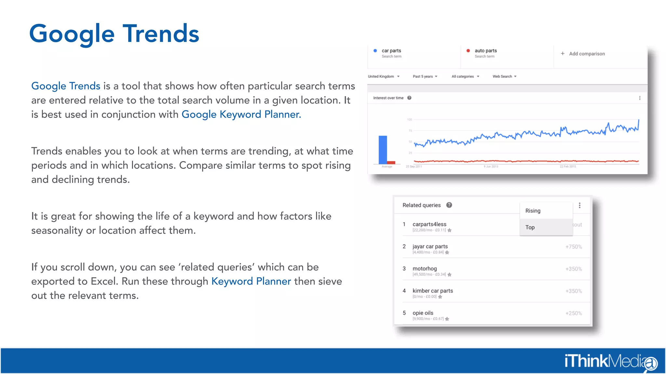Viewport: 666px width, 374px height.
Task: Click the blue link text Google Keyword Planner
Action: tap(241, 114)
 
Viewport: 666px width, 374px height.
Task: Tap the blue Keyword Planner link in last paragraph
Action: tap(251, 281)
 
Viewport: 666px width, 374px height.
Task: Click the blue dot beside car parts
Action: tap(375, 51)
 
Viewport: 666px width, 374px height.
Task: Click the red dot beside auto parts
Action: tap(468, 51)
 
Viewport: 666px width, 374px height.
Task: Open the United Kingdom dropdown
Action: tap(383, 77)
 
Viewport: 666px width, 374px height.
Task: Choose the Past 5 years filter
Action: tap(425, 77)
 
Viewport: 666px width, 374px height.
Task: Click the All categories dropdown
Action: tap(465, 77)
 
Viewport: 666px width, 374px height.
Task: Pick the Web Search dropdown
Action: tap(504, 77)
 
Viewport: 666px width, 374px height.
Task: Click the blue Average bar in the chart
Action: tap(383, 150)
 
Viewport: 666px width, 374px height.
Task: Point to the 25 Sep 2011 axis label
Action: tap(414, 167)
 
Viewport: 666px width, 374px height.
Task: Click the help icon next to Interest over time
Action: tap(409, 98)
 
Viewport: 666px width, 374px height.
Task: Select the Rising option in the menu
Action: tap(533, 211)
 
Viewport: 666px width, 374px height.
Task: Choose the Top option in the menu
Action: tap(530, 227)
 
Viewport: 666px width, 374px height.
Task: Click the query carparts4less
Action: tap(429, 224)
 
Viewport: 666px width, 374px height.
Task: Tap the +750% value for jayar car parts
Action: tap(574, 247)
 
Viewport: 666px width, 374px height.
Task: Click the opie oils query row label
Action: tap(423, 313)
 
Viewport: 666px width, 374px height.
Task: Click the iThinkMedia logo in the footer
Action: tap(610, 361)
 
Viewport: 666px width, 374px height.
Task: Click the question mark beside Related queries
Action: tap(449, 205)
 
